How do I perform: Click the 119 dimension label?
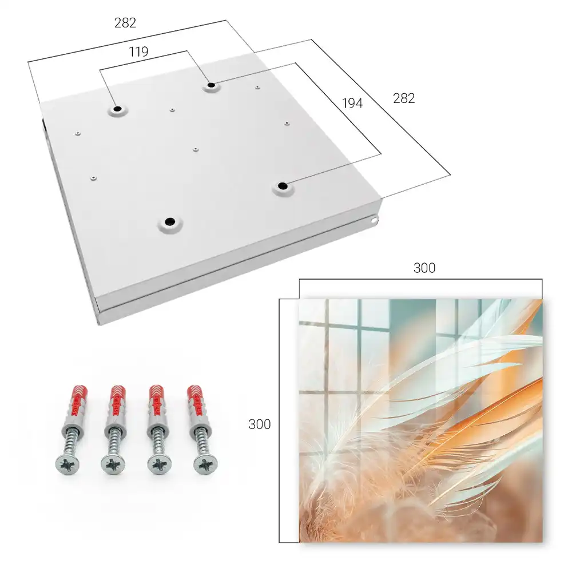pyautogui.click(x=138, y=52)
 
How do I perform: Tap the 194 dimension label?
pyautogui.click(x=352, y=103)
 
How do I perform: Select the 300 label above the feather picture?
pyautogui.click(x=424, y=268)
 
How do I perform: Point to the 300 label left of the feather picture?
pyautogui.click(x=259, y=424)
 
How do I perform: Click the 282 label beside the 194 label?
pyautogui.click(x=404, y=98)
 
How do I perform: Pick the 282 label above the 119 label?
pyautogui.click(x=125, y=23)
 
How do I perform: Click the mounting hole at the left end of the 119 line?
pyautogui.click(x=117, y=109)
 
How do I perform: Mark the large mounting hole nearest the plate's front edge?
pyautogui.click(x=170, y=221)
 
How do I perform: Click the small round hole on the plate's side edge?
pyautogui.click(x=374, y=220)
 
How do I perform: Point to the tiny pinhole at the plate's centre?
pyautogui.click(x=196, y=149)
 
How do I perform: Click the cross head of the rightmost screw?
pyautogui.click(x=205, y=464)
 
